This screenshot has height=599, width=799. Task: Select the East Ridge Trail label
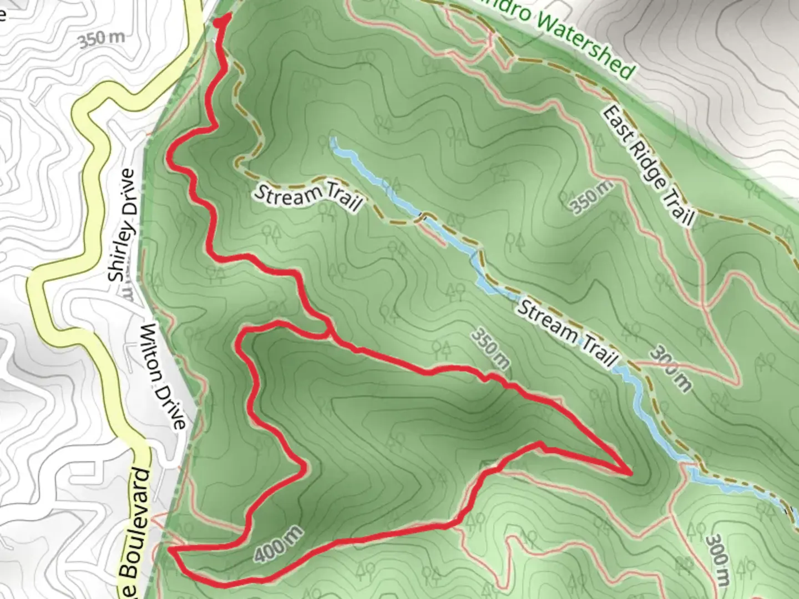648,165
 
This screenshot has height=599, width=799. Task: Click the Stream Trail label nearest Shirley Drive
308,198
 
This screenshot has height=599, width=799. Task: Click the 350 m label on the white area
101,40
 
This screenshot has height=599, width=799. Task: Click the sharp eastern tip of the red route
631,473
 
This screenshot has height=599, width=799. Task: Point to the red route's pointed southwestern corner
170,550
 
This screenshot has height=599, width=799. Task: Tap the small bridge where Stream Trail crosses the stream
423,216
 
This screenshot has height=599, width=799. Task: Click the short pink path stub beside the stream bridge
436,236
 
